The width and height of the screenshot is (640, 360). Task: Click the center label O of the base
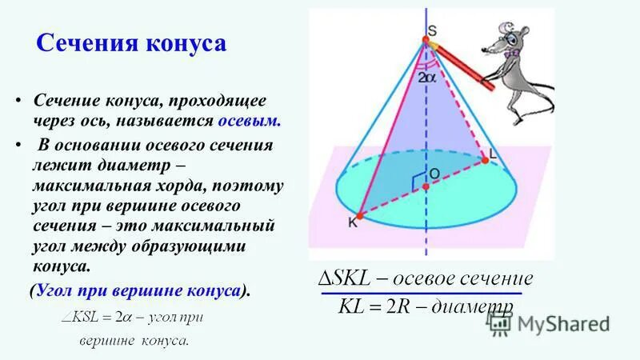pos(434,173)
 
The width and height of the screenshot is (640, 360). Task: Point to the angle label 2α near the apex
pos(426,78)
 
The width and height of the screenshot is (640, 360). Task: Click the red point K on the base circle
pos(361,215)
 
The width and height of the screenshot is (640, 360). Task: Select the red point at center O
pos(426,186)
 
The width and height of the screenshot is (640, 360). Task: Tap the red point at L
pos(486,160)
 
